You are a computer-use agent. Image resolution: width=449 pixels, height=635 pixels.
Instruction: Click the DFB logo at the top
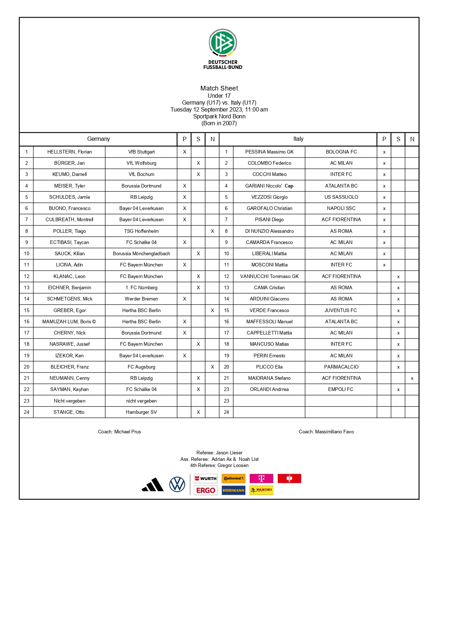tap(223, 43)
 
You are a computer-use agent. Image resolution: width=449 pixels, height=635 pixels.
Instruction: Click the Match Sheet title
tap(219, 88)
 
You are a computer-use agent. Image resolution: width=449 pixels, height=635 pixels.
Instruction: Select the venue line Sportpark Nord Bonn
tap(219, 117)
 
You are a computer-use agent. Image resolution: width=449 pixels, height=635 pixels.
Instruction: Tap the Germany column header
tap(98, 139)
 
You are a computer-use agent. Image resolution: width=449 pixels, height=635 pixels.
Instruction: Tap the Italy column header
tap(298, 139)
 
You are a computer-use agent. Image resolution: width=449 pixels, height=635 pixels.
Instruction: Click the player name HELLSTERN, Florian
tap(69, 152)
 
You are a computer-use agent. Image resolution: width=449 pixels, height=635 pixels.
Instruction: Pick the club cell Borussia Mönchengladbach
tap(141, 254)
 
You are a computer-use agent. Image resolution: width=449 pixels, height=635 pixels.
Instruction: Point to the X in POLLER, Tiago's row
tap(212, 231)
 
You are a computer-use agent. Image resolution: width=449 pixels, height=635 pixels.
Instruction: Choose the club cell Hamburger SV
tap(141, 412)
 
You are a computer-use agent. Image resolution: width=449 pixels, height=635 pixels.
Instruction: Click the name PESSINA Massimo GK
tap(269, 152)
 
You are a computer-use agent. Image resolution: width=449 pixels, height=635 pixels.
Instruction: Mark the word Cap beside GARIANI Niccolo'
tap(289, 186)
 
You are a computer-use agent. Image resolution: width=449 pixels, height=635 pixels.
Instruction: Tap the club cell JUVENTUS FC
tap(341, 311)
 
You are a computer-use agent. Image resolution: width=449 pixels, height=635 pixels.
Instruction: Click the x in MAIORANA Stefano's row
tap(412, 378)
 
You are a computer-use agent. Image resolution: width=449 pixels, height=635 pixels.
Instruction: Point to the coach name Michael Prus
tap(127, 432)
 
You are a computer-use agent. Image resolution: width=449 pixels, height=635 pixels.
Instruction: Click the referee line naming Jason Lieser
tap(219, 453)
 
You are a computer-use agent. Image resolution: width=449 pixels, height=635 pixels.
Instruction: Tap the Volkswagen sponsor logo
tap(177, 484)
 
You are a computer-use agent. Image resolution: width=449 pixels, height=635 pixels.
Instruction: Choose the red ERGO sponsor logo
tap(206, 491)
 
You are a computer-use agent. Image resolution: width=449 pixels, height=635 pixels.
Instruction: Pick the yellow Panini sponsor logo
tap(262, 490)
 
